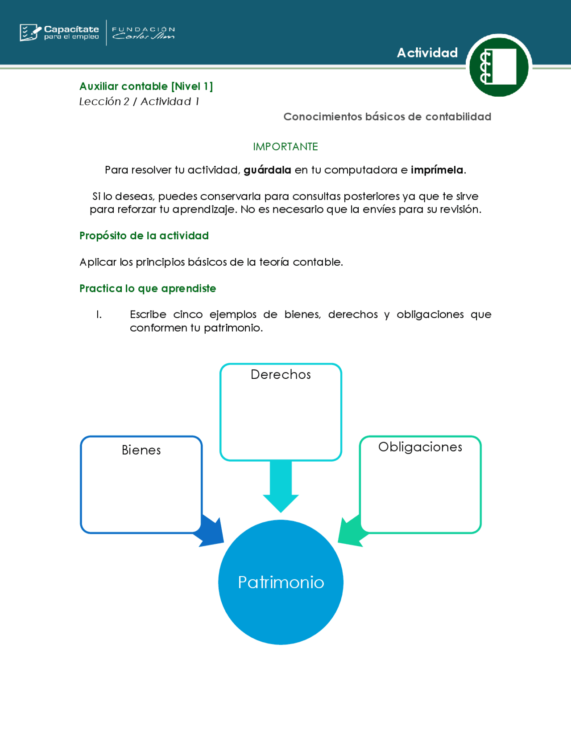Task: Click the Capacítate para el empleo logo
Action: coord(59,33)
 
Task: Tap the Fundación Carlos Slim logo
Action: coord(143,33)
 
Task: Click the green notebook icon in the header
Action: coord(499,67)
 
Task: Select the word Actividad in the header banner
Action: coord(427,53)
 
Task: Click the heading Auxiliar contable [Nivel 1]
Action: coord(146,86)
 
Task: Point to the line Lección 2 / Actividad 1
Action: coord(139,102)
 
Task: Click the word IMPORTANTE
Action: coord(285,147)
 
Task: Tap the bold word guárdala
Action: coord(267,170)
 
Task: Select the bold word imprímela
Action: coord(437,170)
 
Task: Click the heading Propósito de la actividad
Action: coord(144,235)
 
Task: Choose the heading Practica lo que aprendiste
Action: coord(148,288)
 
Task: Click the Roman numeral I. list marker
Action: coord(99,315)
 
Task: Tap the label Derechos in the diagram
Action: coord(281,374)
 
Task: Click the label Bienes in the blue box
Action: coord(141,450)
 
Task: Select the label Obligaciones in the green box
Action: coord(420,447)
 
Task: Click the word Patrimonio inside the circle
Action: coord(281,582)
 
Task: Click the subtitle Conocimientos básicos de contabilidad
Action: coord(387,117)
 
